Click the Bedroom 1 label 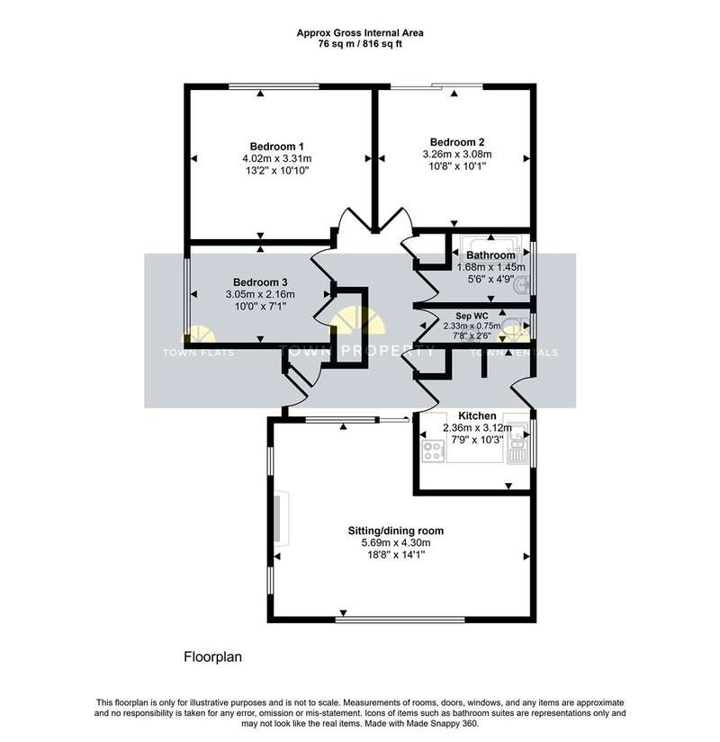point(276,147)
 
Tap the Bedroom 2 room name point(456,142)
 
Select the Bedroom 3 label point(260,282)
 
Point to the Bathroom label point(490,255)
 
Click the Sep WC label point(472,316)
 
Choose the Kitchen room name point(477,416)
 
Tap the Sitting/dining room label point(395,531)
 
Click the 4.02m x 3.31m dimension point(276,158)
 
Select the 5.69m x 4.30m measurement point(395,542)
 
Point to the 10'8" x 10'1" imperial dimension point(456,166)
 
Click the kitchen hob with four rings point(434,451)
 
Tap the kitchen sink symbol point(517,443)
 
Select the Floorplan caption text point(212,657)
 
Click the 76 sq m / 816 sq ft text point(360,44)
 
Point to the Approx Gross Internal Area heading point(360,32)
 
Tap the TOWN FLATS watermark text point(199,353)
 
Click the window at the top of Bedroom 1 point(274,86)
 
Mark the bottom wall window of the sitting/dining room point(400,619)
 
